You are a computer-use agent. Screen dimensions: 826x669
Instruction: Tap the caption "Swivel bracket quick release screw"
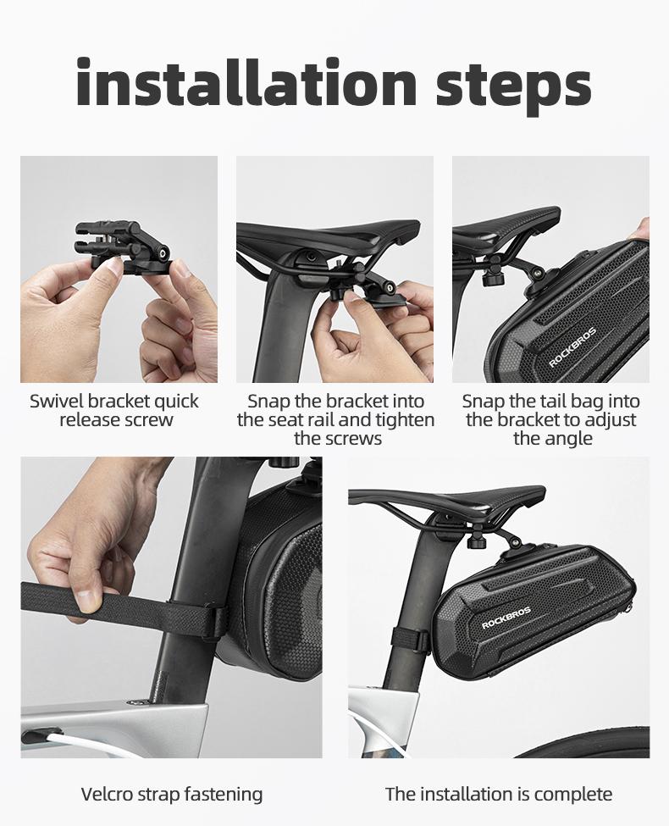[114, 410]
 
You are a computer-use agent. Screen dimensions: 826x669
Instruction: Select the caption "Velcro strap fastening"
[172, 794]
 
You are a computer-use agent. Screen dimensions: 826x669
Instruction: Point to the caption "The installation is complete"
[498, 794]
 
